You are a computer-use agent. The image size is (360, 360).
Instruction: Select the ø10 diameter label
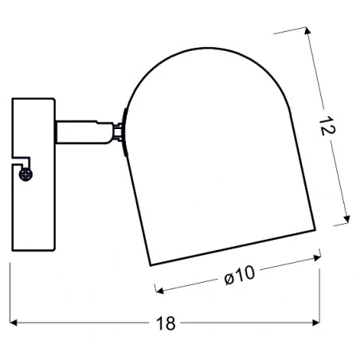coord(239,275)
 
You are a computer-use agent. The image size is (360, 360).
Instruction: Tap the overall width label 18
coord(165,324)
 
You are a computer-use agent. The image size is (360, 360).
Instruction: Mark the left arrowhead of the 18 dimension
coord(14,324)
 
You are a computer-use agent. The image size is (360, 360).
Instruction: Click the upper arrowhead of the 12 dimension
coord(307,31)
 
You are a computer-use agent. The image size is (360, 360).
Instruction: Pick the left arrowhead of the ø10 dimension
coord(155,291)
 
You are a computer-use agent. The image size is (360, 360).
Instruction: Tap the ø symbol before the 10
coord(228,276)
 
